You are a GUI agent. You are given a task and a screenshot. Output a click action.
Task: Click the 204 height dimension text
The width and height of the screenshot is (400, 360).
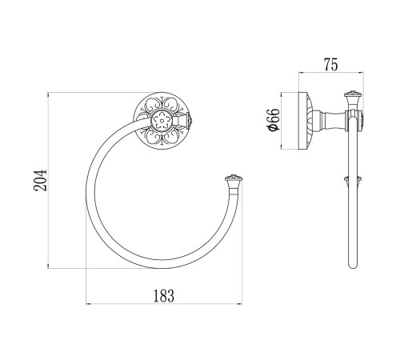tap(40, 180)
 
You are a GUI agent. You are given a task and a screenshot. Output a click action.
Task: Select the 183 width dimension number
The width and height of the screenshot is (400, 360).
tap(164, 295)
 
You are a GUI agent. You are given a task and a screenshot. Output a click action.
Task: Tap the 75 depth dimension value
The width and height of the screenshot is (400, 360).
tap(330, 65)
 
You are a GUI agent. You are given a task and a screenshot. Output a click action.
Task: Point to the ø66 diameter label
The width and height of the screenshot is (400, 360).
tap(274, 120)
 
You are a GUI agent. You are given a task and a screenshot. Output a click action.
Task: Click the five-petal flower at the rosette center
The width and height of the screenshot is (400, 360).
tap(162, 121)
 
